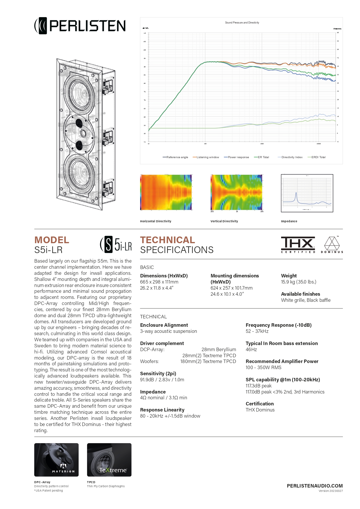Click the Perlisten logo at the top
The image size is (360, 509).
point(80,26)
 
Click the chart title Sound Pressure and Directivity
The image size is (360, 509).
point(242,23)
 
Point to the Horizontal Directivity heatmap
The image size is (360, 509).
point(166,192)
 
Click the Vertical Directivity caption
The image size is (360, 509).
point(224,221)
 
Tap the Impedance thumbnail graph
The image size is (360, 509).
point(307,193)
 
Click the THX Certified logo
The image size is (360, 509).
point(298,245)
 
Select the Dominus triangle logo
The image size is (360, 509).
point(332,245)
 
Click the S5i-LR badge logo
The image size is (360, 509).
point(116,245)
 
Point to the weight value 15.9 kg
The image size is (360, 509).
point(299,282)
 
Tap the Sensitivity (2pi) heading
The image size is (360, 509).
point(158,373)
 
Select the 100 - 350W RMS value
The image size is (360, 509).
point(263,367)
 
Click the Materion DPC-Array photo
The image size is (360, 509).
point(56,460)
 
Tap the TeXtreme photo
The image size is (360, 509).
point(109,460)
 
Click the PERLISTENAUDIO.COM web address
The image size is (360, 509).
point(315,486)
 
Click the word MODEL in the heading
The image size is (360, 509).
point(52,240)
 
